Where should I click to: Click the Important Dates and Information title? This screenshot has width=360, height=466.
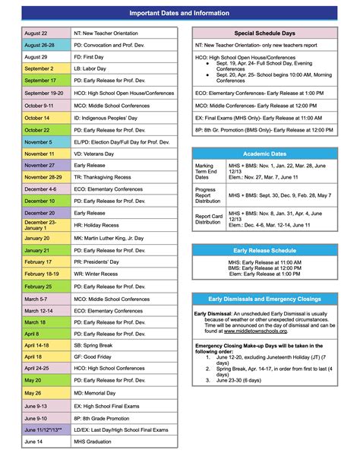[x=180, y=13]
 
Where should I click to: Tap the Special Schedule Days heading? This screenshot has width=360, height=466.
[x=264, y=34]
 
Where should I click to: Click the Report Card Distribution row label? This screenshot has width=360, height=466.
[x=207, y=220]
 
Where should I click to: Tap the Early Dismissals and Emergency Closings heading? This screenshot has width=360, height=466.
[x=264, y=299]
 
